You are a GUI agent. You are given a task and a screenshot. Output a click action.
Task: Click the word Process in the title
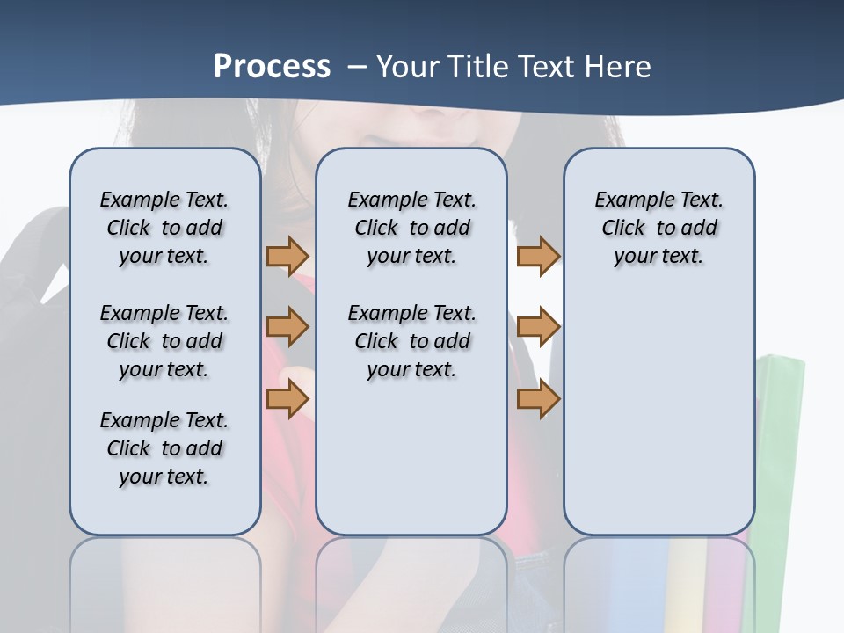pyautogui.click(x=272, y=67)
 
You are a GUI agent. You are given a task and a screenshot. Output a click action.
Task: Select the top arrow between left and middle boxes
pyautogui.click(x=287, y=257)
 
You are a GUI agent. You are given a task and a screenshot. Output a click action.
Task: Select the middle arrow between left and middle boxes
pyautogui.click(x=287, y=328)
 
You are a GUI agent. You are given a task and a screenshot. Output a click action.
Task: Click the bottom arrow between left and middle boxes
pyautogui.click(x=287, y=398)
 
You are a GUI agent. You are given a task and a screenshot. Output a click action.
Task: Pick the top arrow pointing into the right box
pyautogui.click(x=538, y=257)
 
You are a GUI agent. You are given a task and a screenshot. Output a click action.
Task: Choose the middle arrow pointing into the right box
pyautogui.click(x=538, y=327)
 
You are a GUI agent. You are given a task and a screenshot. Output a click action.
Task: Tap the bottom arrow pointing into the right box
pyautogui.click(x=538, y=398)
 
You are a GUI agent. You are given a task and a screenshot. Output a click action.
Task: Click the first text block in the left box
pyautogui.click(x=164, y=228)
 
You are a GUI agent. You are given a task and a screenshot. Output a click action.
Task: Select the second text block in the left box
pyautogui.click(x=164, y=341)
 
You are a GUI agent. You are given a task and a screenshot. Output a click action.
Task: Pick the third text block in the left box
pyautogui.click(x=164, y=448)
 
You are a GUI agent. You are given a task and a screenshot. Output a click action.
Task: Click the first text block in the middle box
pyautogui.click(x=411, y=228)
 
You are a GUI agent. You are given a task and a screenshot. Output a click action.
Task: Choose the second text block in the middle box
pyautogui.click(x=411, y=341)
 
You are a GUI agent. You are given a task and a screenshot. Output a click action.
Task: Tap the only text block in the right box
pyautogui.click(x=658, y=228)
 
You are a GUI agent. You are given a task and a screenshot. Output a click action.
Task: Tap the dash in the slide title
pyautogui.click(x=357, y=67)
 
